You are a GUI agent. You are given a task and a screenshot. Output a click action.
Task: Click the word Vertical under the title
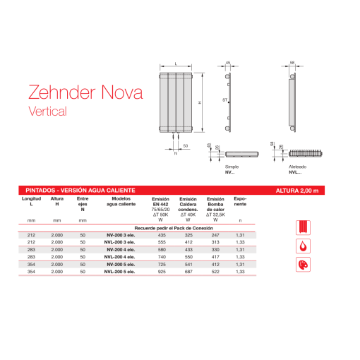(x=47, y=111)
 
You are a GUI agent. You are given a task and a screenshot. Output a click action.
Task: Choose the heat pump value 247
(x=215, y=236)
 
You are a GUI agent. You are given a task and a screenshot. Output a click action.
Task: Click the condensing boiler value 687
(x=188, y=272)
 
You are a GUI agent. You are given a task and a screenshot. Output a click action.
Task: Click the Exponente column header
(x=240, y=202)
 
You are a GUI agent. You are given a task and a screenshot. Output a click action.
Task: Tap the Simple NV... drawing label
(x=231, y=169)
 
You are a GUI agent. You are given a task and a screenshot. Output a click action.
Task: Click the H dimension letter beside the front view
(x=200, y=102)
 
